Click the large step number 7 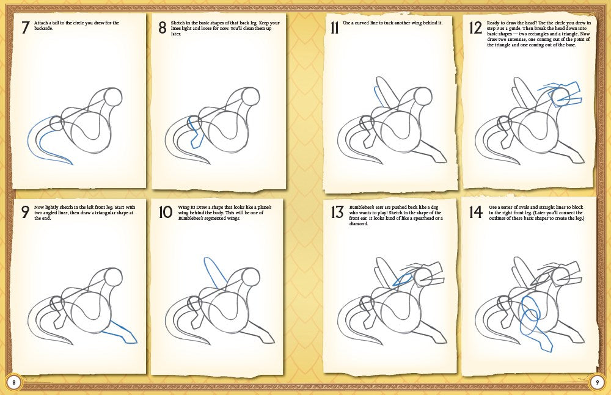point(25,27)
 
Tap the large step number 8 point(162,27)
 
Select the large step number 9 point(25,212)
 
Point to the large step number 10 point(165,212)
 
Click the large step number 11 point(334,27)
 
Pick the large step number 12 point(475,27)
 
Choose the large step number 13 point(337,212)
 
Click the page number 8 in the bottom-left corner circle point(13,382)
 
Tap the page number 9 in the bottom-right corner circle point(597,382)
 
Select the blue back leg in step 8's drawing point(195,134)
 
